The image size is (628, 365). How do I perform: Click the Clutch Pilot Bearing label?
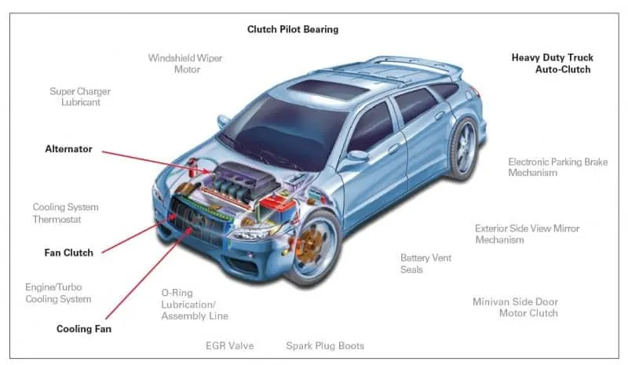point(293,30)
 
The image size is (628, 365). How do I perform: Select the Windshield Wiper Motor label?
point(187,64)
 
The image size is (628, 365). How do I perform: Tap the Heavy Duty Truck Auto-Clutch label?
point(552,64)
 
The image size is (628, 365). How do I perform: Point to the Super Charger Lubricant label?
point(80,97)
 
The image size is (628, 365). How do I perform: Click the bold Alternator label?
point(68,149)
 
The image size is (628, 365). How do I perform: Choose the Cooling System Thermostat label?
point(65,214)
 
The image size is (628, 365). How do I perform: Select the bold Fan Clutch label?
point(68,253)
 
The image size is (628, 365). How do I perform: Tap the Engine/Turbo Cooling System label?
point(58,293)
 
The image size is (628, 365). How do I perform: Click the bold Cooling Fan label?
point(84,329)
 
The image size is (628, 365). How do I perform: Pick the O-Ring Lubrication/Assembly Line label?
point(195,304)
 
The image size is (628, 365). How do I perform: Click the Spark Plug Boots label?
point(324,345)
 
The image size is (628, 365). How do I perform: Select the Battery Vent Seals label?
point(425,264)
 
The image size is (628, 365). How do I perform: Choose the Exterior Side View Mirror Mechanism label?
point(527,234)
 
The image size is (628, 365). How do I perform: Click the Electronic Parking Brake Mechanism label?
point(557,167)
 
